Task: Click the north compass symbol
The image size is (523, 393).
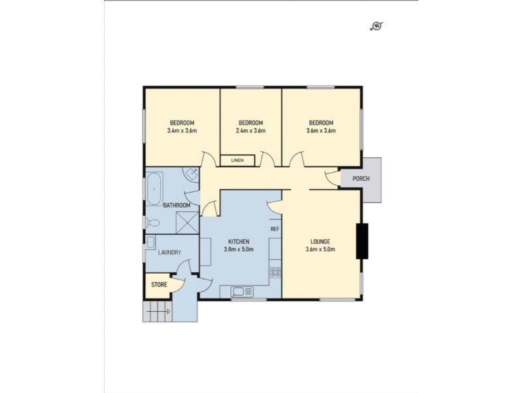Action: (x=377, y=26)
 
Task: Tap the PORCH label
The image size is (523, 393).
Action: (x=361, y=179)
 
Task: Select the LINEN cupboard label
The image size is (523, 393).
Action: (x=237, y=160)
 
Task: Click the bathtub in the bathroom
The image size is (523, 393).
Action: (x=154, y=189)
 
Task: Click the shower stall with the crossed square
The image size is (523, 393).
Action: (x=187, y=223)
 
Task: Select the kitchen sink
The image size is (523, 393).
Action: (x=242, y=291)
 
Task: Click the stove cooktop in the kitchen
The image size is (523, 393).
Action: (x=275, y=272)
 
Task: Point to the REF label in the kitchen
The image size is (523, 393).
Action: (x=275, y=229)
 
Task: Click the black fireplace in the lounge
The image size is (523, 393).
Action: (x=362, y=241)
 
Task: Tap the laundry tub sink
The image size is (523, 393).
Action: (x=150, y=242)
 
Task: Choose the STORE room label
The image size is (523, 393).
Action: (x=159, y=285)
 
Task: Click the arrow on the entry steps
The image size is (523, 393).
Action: (x=158, y=312)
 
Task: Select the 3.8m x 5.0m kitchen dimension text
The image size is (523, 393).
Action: (x=239, y=249)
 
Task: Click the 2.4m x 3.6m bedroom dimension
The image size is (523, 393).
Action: (x=250, y=130)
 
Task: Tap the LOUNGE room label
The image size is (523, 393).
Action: (x=320, y=242)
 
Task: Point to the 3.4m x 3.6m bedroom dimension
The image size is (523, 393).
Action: (x=182, y=130)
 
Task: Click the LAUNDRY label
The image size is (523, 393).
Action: (x=169, y=253)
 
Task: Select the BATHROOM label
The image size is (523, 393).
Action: (x=177, y=205)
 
